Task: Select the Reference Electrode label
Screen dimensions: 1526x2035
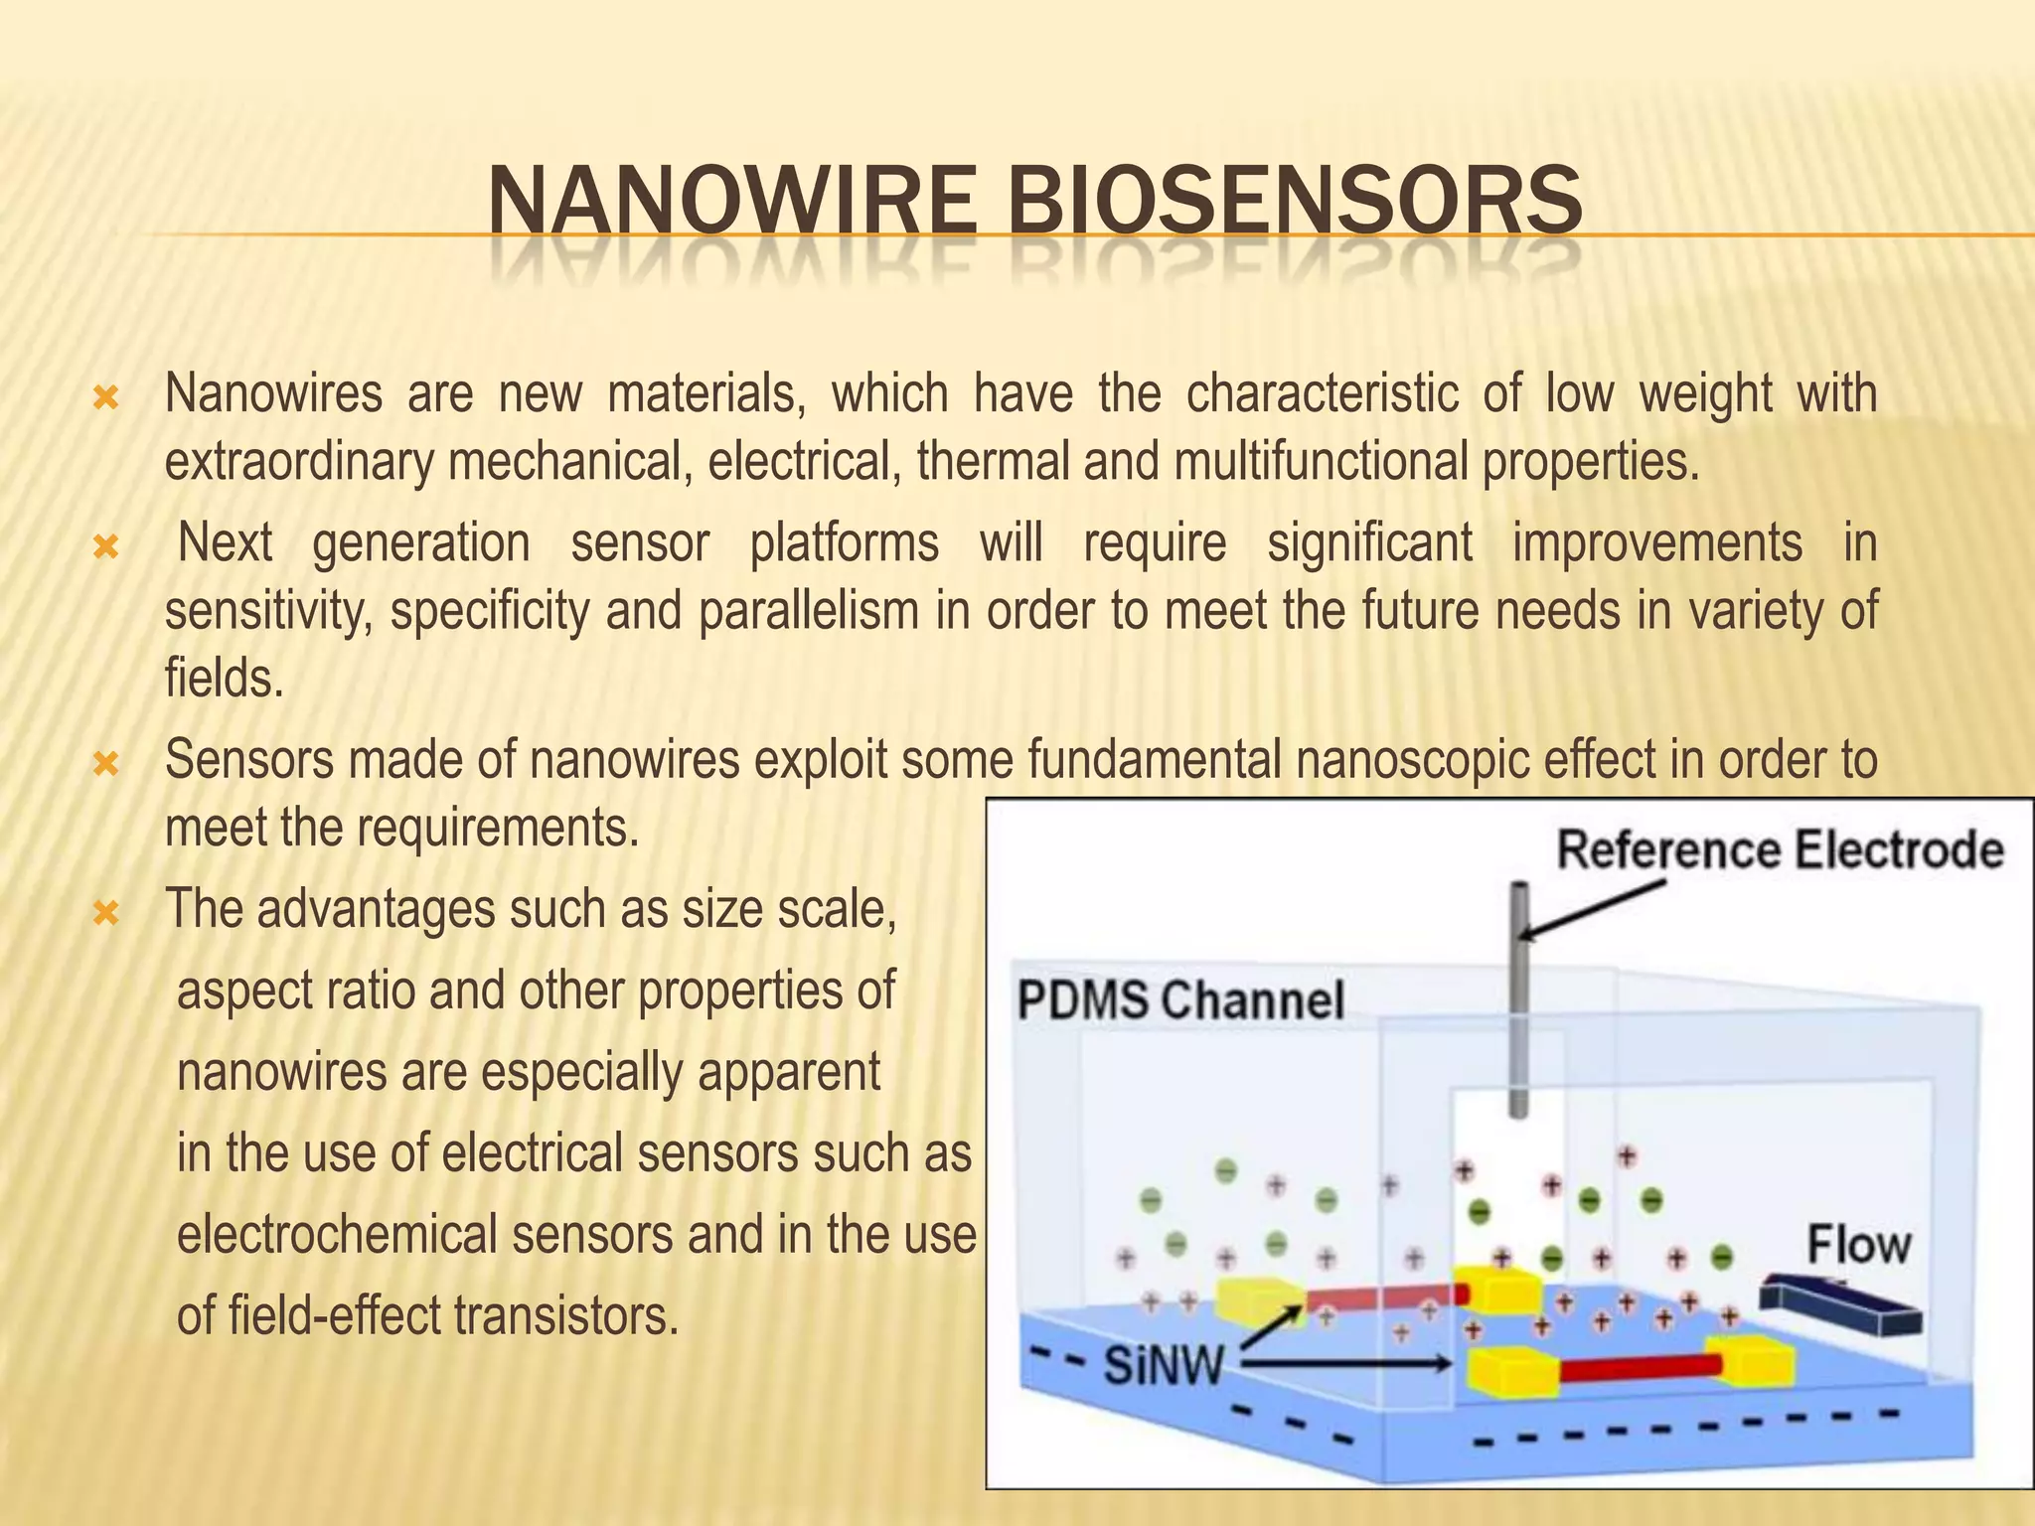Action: click(x=1779, y=851)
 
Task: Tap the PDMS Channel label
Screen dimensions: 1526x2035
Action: click(x=1179, y=999)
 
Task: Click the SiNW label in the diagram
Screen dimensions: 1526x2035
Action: click(x=1164, y=1366)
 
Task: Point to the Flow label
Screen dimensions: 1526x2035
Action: click(x=1857, y=1245)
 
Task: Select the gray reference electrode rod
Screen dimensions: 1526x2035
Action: click(x=1517, y=1003)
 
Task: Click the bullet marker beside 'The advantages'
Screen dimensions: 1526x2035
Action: click(x=105, y=912)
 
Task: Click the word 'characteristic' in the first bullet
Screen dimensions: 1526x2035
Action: click(x=1322, y=393)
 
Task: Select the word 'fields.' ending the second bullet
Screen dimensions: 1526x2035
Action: click(x=224, y=679)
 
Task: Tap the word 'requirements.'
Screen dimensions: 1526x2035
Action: click(x=497, y=827)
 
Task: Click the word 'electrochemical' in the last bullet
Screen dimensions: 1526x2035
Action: click(x=338, y=1235)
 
